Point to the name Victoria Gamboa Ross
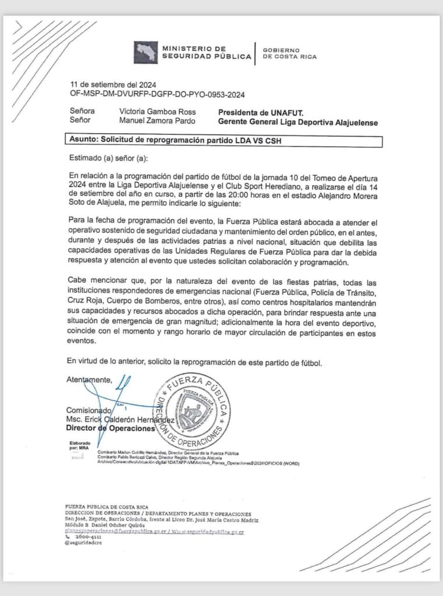coord(157,112)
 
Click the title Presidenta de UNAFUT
coord(261,112)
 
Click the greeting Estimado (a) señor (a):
coord(108,158)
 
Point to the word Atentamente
coord(89,379)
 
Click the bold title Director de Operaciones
coord(111,428)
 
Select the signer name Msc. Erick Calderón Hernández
coord(120,420)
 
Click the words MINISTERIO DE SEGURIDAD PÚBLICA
coord(207,52)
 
